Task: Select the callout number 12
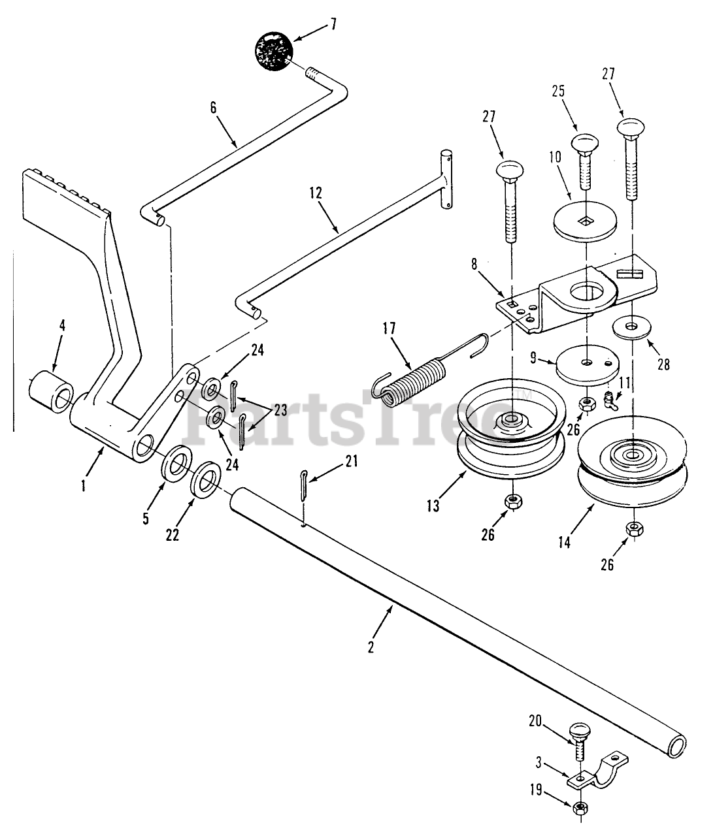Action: (316, 194)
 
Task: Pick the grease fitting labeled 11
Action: (612, 400)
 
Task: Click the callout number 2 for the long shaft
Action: (371, 646)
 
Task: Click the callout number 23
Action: (280, 411)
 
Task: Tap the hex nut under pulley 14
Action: (631, 529)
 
